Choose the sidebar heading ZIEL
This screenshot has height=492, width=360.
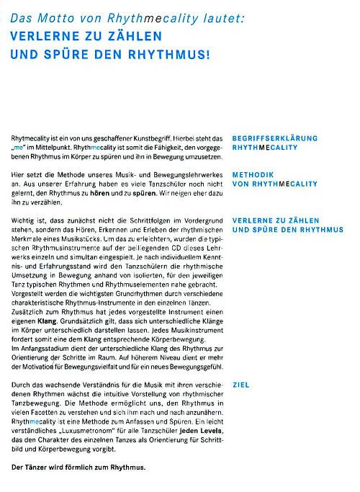pos(241,385)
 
